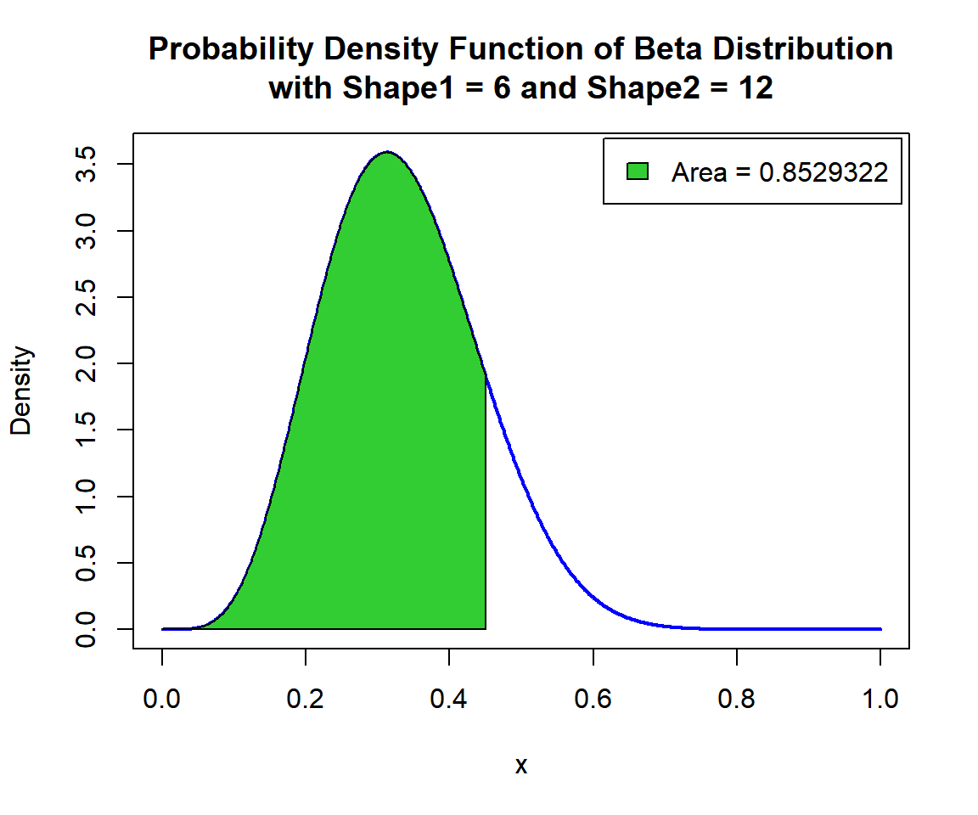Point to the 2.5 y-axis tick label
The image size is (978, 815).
coord(87,297)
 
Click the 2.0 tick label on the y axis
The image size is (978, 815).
coord(87,363)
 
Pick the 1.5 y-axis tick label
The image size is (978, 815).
coord(87,430)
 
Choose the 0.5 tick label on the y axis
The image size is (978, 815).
coord(87,563)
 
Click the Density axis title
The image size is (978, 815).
coord(21,391)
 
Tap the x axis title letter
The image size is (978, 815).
coord(521,766)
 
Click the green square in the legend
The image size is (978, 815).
coord(638,171)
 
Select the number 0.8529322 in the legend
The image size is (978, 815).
coord(823,172)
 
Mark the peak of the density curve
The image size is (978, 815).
coord(387,152)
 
